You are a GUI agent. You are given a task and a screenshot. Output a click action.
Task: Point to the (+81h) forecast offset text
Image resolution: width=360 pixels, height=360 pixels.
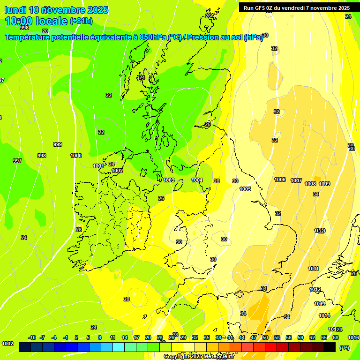pos(81,22)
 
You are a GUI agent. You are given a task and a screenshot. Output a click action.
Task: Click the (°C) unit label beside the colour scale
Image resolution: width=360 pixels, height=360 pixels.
pos(345,348)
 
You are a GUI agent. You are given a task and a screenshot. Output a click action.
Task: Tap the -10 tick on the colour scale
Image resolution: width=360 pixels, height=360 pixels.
pos(32,337)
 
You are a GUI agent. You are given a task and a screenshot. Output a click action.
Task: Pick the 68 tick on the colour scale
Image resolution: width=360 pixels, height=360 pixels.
pos(336,337)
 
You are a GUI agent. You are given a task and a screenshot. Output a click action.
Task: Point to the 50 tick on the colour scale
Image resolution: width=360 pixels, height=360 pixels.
pos(265,337)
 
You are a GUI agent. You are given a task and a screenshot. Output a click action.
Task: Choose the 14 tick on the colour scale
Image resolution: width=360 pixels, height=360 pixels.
pos(125,337)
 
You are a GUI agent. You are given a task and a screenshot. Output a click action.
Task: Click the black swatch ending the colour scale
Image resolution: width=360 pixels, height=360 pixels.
pos(330,347)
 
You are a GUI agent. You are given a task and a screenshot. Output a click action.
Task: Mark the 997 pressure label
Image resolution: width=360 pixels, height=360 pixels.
pos(17,161)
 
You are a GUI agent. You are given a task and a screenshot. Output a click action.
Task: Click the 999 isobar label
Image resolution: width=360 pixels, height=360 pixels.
pos(58,144)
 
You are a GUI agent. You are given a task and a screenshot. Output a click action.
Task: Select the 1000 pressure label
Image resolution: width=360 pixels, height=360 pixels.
pos(76,156)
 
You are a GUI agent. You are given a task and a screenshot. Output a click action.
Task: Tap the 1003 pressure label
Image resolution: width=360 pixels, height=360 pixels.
pos(169,180)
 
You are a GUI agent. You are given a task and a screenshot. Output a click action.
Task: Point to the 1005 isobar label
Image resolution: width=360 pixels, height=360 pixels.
pos(245,189)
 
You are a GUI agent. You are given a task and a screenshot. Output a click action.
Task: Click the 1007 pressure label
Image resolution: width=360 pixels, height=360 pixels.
pos(296,180)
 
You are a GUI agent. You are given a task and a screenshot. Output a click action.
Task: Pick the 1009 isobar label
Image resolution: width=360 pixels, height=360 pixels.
pos(324,184)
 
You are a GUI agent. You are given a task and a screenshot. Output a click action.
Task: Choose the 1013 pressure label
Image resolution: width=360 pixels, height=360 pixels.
pos(320,304)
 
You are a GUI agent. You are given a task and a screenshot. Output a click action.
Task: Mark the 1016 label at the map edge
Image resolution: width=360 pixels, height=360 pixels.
pos(353,337)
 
